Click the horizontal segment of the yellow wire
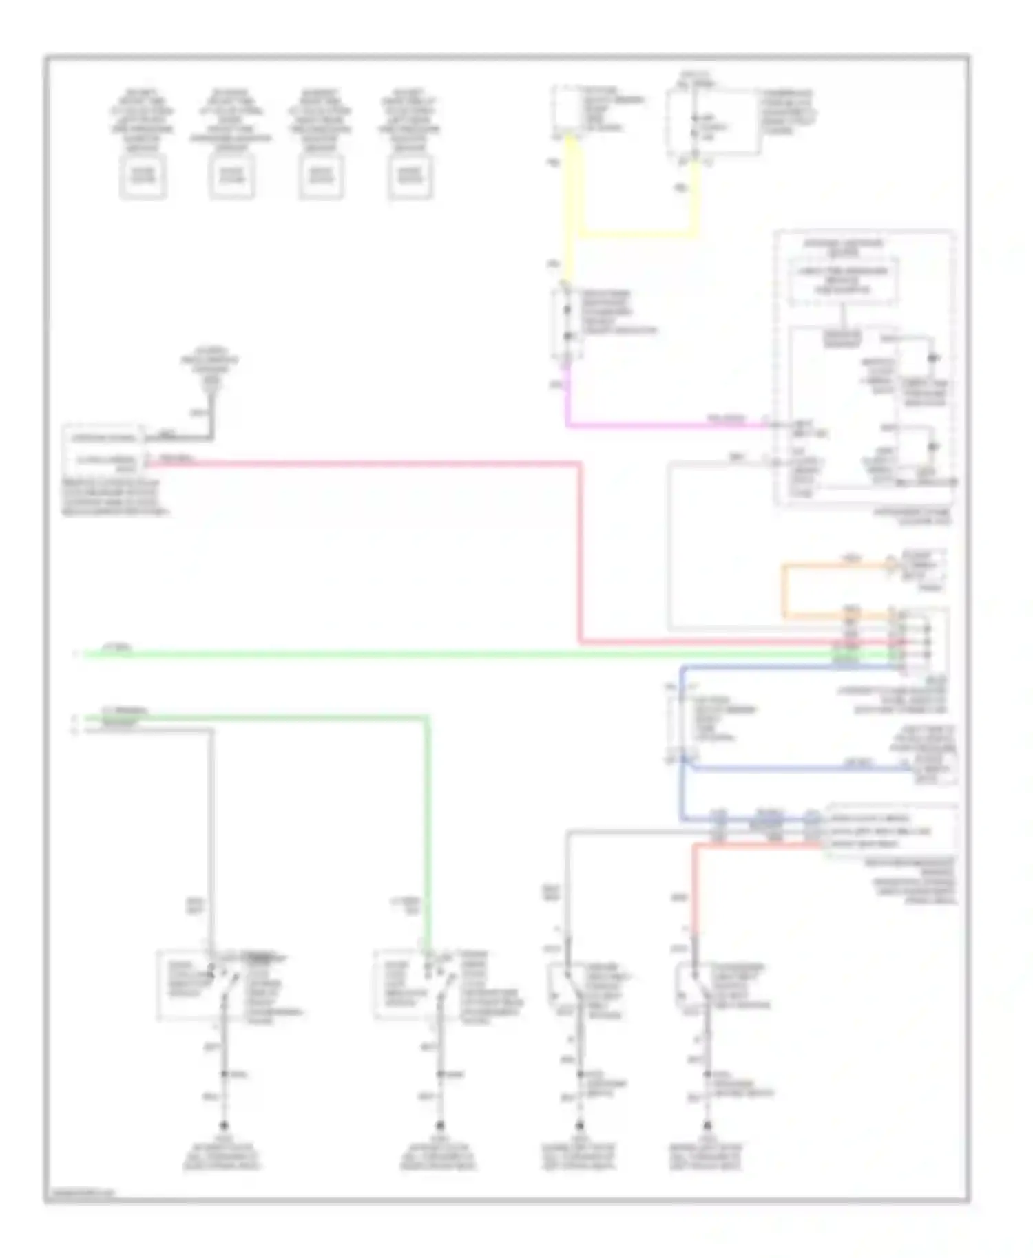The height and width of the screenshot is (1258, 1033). click(637, 234)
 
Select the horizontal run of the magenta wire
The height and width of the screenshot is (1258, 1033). click(661, 425)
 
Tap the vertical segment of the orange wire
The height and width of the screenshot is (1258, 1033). click(784, 590)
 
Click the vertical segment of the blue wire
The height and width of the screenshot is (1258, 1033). click(682, 743)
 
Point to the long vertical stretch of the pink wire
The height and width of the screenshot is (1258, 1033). click(581, 551)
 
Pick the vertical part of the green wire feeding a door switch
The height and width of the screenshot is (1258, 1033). click(427, 826)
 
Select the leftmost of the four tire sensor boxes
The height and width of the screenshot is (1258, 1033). click(143, 176)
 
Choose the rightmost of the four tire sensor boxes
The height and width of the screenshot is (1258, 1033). click(410, 176)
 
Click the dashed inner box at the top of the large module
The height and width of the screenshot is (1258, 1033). click(843, 280)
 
